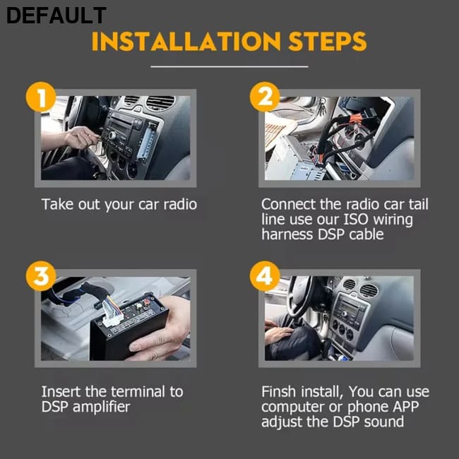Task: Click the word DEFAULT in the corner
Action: click(56, 16)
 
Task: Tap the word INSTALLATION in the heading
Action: click(186, 42)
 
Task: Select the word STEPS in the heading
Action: click(327, 42)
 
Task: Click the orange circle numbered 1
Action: click(41, 97)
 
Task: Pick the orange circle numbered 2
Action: click(265, 97)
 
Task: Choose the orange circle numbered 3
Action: click(41, 276)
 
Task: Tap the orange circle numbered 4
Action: click(265, 276)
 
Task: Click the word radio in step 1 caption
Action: click(180, 204)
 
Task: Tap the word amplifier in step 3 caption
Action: click(101, 407)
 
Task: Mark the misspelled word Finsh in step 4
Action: click(278, 392)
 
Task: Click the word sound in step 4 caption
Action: click(383, 422)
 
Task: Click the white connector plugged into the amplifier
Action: click(112, 314)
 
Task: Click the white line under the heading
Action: click(229, 66)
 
